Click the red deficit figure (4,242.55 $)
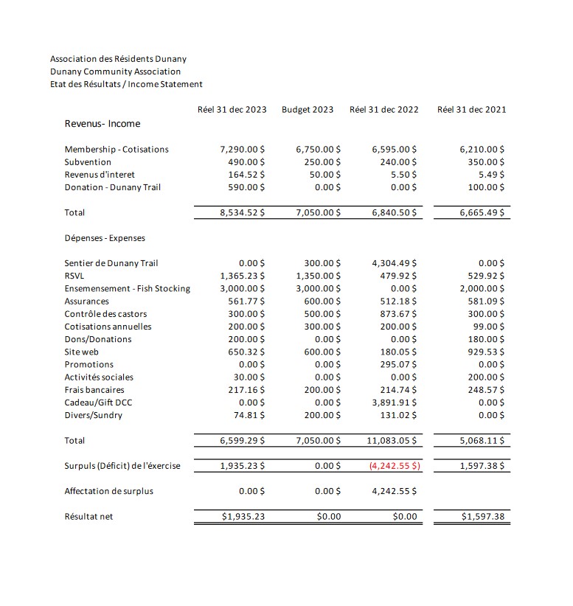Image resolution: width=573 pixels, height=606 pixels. [x=395, y=466]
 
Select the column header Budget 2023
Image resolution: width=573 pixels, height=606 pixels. [x=307, y=110]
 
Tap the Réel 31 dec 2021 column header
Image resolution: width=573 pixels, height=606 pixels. [x=471, y=110]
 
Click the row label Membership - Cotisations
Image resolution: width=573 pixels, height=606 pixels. [x=117, y=150]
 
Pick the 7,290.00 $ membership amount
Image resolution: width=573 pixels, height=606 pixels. [x=243, y=150]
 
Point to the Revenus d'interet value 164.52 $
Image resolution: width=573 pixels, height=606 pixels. [x=247, y=175]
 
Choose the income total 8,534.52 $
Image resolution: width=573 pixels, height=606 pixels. [x=243, y=213]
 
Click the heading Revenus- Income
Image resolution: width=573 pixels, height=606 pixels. [x=103, y=124]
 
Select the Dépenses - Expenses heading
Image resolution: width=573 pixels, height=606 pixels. [x=105, y=238]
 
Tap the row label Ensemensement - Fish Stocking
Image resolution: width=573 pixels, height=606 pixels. [x=127, y=288]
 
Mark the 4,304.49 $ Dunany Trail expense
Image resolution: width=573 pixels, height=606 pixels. [x=395, y=263]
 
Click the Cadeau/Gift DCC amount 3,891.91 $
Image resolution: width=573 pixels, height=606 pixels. [x=395, y=403]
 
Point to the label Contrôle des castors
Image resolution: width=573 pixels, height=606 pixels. [x=105, y=314]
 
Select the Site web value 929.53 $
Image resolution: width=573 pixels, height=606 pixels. [x=486, y=352]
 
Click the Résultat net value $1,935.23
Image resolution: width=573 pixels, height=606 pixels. [x=244, y=517]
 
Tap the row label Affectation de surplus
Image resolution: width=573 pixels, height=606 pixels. [x=109, y=491]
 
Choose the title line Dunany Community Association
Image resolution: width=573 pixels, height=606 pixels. [x=115, y=72]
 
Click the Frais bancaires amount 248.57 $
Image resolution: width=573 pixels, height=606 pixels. [x=486, y=390]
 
